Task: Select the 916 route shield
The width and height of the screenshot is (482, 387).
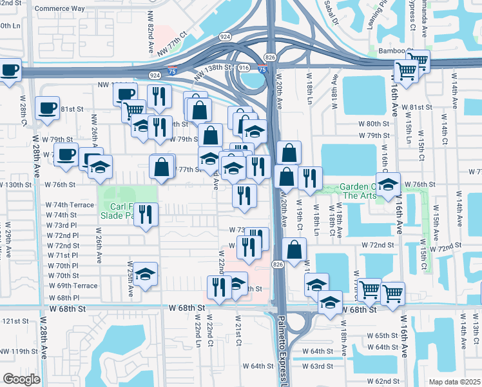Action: (x=243, y=67)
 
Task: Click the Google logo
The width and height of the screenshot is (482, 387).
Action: (x=21, y=379)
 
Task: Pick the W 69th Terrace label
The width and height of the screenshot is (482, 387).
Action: (x=73, y=286)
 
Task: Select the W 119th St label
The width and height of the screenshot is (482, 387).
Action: (x=19, y=352)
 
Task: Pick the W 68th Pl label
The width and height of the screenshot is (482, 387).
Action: (x=63, y=298)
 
